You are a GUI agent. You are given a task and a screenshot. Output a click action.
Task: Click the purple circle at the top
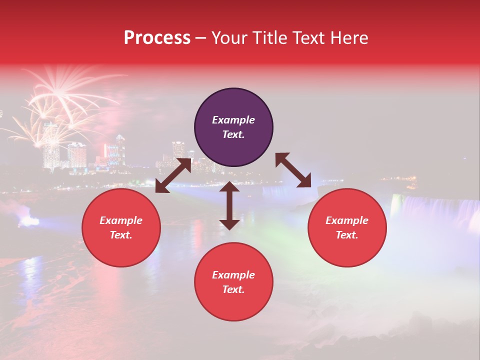233,127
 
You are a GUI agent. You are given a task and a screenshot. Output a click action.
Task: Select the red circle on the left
121,227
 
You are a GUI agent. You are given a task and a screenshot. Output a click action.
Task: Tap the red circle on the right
347,227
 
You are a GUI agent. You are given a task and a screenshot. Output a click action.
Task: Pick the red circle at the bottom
233,282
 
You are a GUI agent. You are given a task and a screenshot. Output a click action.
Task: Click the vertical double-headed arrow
229,205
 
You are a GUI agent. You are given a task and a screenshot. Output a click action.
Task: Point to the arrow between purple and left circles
173,175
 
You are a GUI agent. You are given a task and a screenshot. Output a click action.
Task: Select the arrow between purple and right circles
293,170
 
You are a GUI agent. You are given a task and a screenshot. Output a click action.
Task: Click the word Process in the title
157,38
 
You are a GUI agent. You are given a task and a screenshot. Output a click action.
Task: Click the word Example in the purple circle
233,120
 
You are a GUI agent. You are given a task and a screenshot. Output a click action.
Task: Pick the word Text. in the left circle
121,235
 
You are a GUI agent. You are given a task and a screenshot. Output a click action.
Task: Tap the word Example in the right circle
347,220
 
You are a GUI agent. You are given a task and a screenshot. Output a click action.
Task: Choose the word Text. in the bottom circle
233,289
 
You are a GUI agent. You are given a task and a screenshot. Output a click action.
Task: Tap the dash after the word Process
201,38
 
